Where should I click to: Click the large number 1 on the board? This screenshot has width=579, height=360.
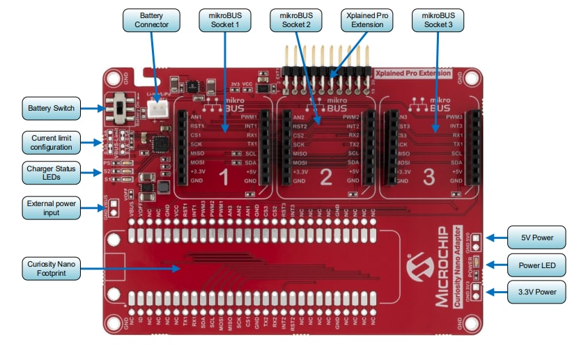(x=223, y=178)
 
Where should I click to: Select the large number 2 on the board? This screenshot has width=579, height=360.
(x=325, y=178)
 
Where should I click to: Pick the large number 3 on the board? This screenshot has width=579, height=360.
(x=428, y=178)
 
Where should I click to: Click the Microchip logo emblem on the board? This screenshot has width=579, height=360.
(x=421, y=268)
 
